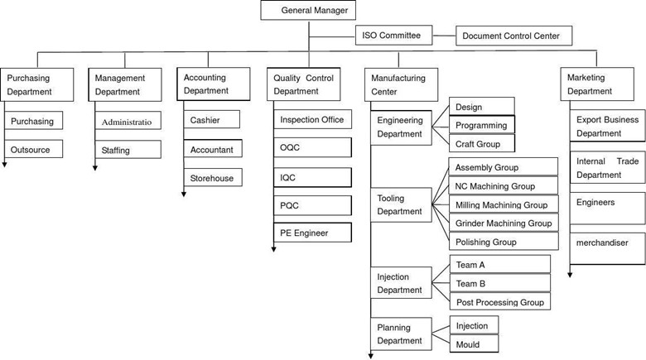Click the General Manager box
308,10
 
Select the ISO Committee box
394,36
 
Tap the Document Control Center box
513,36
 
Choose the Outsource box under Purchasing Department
34,149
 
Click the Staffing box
128,150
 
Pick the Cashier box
212,119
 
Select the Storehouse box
213,178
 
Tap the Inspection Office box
313,119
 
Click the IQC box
313,178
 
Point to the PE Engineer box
313,233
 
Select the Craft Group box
482,144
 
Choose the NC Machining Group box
503,185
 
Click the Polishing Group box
504,242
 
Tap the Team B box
499,283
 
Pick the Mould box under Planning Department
475,344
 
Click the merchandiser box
607,249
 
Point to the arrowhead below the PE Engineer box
273,249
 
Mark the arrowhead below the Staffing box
94,168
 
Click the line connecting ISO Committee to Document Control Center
444,36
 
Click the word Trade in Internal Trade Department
628,161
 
